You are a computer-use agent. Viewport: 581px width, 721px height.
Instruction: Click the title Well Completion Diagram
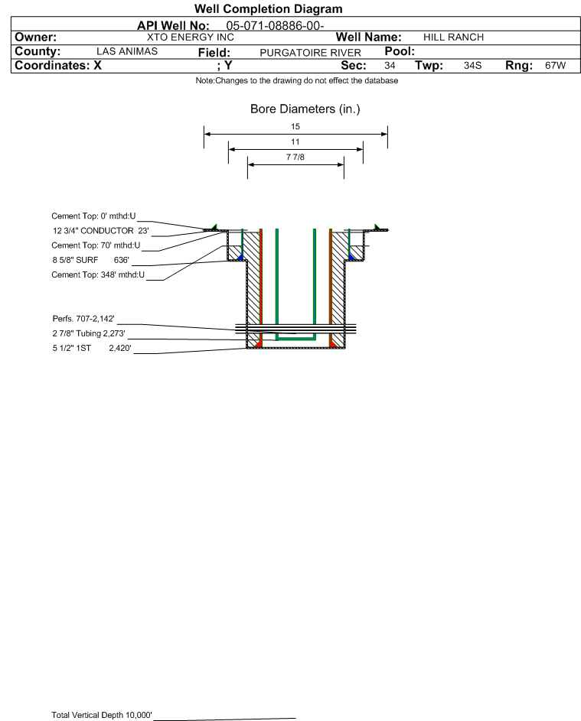269,8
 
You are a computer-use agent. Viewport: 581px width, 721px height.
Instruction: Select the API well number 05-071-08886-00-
275,26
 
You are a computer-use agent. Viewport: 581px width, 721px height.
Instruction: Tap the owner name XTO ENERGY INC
190,37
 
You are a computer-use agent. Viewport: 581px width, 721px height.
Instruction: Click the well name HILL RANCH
453,37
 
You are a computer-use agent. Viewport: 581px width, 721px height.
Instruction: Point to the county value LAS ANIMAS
127,51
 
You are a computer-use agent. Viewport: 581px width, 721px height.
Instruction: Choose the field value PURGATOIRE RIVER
310,53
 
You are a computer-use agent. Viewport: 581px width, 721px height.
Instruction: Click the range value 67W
555,65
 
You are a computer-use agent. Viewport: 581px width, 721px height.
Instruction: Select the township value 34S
472,65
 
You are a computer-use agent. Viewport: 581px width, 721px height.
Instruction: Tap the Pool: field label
400,51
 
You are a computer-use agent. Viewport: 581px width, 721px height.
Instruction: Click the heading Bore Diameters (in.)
305,109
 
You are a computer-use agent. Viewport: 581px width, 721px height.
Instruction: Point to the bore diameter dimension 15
295,126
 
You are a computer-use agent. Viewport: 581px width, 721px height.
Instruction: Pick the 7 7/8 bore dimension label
295,158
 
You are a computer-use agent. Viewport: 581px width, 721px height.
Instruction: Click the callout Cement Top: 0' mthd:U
93,216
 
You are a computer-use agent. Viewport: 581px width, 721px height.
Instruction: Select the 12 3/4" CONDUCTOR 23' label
101,231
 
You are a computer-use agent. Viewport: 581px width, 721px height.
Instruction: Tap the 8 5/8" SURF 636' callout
90,260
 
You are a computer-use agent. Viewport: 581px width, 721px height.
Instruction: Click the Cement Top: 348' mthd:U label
98,275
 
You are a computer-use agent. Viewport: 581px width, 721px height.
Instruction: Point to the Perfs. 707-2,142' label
83,319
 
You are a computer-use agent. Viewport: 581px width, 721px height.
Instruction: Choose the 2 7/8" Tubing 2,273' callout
89,333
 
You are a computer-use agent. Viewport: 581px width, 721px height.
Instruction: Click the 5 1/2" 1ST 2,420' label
92,348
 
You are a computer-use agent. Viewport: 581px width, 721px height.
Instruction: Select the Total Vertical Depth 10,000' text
102,715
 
